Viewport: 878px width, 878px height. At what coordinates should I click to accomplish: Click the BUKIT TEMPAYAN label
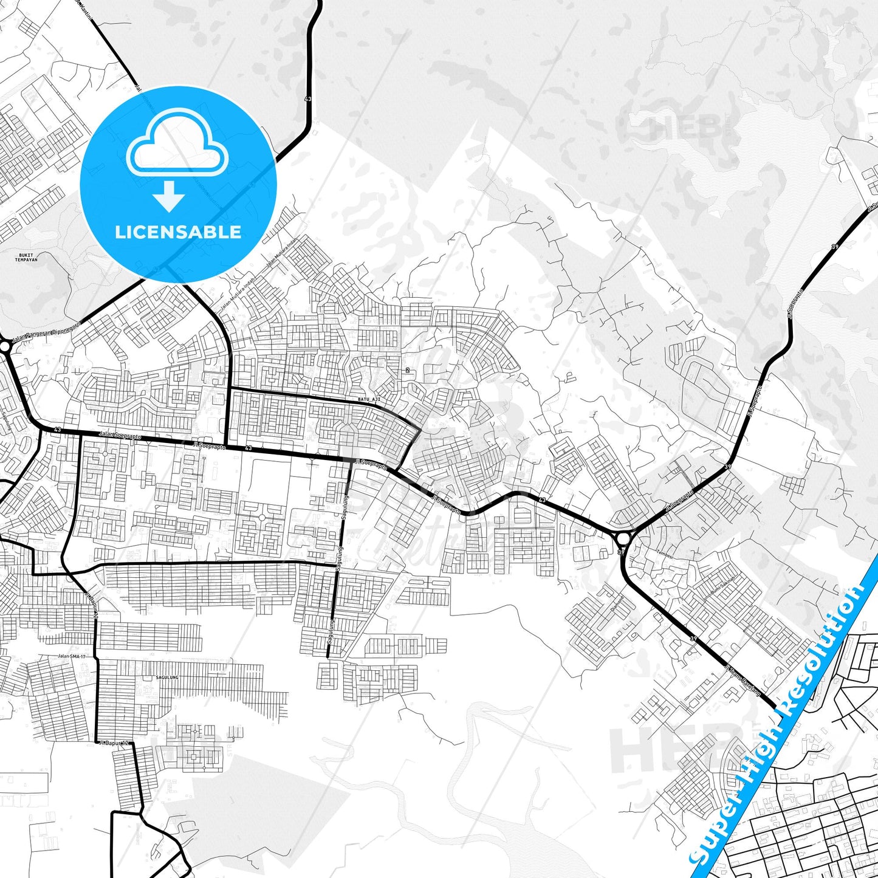pos(25,258)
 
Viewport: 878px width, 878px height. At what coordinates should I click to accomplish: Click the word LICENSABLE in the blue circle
pos(178,232)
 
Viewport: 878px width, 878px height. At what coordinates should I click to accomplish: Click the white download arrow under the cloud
pos(169,197)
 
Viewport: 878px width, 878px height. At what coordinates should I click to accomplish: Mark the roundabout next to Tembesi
pos(623,538)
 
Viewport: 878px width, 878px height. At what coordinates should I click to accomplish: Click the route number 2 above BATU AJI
pos(407,370)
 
